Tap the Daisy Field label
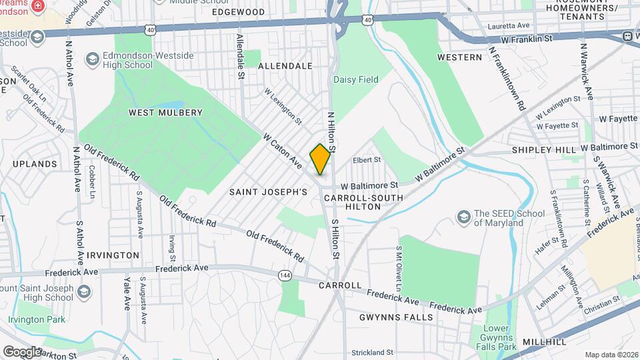point(355,79)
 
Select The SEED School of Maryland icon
point(463,217)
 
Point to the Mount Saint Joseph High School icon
point(84,292)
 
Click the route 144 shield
point(286,274)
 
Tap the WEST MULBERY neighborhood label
point(165,113)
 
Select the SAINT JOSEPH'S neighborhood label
point(268,192)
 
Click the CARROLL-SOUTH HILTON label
point(363,202)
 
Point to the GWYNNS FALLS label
point(395,317)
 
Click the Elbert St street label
point(367,160)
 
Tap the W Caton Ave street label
point(283,151)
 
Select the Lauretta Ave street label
point(509,25)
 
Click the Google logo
point(23,351)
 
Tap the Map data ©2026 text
point(610,354)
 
